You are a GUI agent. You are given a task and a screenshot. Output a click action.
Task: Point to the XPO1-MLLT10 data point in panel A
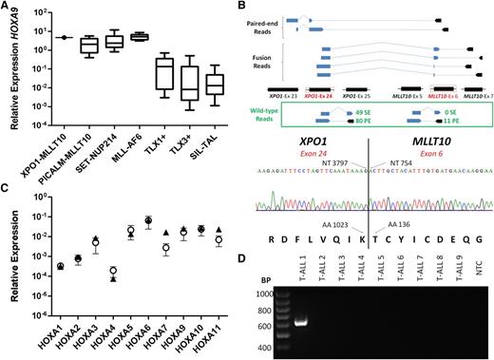tap(62, 37)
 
